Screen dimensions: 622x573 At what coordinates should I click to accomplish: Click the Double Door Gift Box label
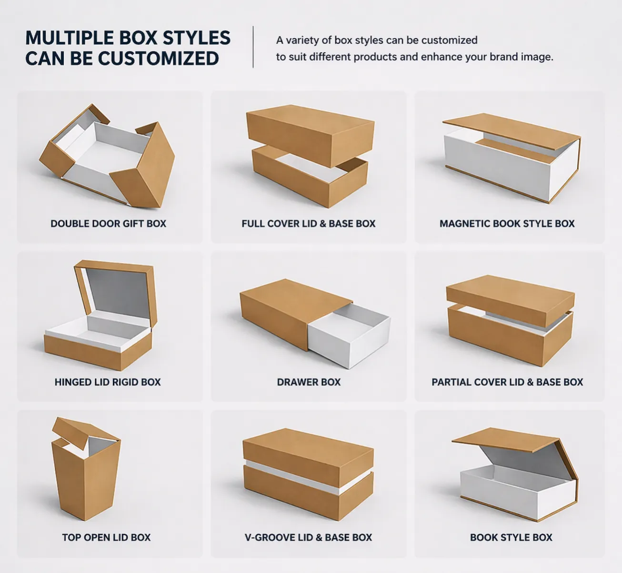(109, 224)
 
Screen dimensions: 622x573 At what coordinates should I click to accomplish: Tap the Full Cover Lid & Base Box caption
(309, 224)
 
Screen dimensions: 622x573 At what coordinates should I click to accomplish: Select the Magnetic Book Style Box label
(507, 224)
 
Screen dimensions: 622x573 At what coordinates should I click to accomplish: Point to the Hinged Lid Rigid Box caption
(108, 382)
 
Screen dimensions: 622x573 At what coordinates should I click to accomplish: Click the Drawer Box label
(309, 382)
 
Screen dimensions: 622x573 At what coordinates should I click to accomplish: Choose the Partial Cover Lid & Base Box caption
(507, 382)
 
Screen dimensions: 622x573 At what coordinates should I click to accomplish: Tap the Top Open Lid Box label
(107, 537)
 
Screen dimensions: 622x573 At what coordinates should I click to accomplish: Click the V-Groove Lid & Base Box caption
(309, 537)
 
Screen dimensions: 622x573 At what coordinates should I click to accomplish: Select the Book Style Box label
(511, 537)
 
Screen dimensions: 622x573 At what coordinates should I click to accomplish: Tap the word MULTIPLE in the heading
(70, 38)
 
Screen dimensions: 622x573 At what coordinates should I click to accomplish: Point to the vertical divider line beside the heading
(253, 47)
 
